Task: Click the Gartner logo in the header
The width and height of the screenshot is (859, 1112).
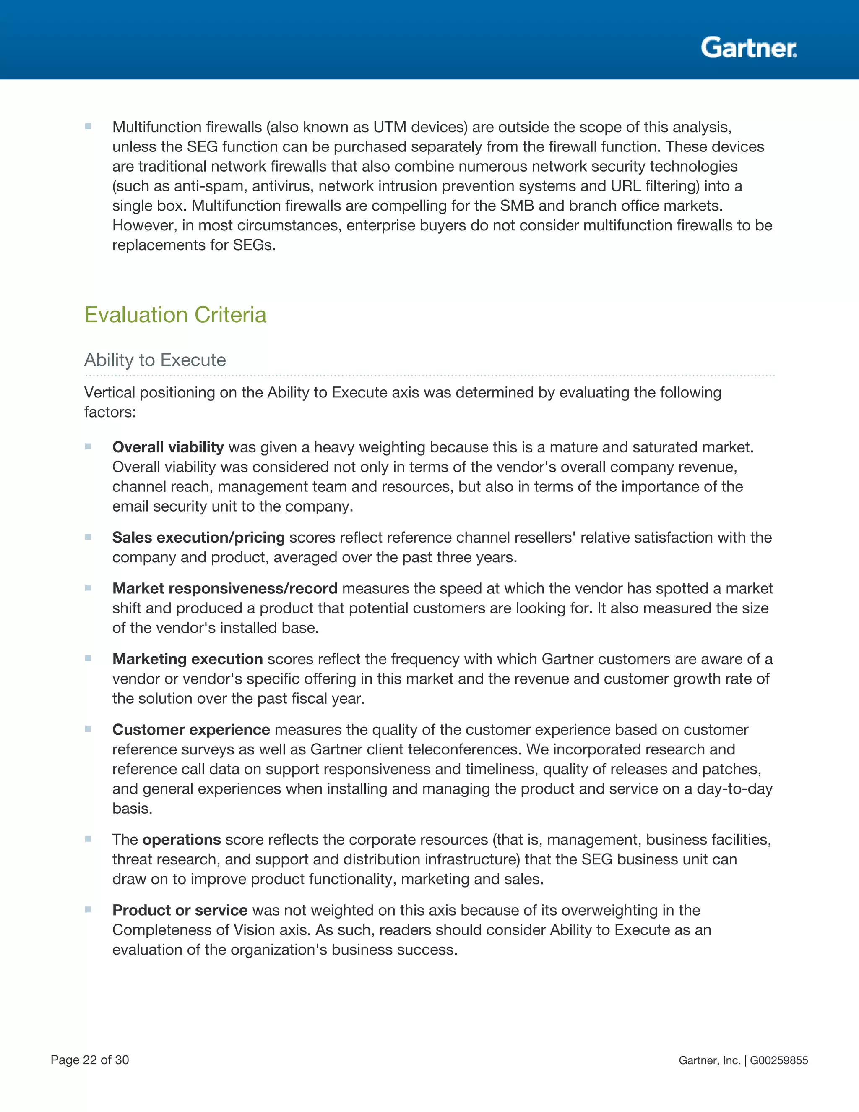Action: click(749, 48)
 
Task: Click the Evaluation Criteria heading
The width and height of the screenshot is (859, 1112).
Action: click(175, 315)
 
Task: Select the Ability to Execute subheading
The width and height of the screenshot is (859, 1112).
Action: click(155, 360)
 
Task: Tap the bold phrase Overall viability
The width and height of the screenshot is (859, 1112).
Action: click(168, 447)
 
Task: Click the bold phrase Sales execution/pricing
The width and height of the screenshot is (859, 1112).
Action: click(198, 537)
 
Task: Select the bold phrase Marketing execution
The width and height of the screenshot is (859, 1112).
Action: click(187, 659)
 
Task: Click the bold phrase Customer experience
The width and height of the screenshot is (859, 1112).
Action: click(191, 730)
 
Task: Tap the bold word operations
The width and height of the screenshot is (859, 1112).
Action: click(181, 840)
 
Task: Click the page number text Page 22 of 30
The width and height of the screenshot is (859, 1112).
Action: click(90, 1060)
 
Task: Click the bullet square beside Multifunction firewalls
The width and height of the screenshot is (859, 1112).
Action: click(88, 126)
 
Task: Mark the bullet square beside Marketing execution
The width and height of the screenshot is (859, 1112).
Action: click(88, 658)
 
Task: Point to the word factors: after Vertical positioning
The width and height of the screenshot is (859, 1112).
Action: click(110, 412)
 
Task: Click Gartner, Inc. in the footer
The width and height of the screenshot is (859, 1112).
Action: click(709, 1060)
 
